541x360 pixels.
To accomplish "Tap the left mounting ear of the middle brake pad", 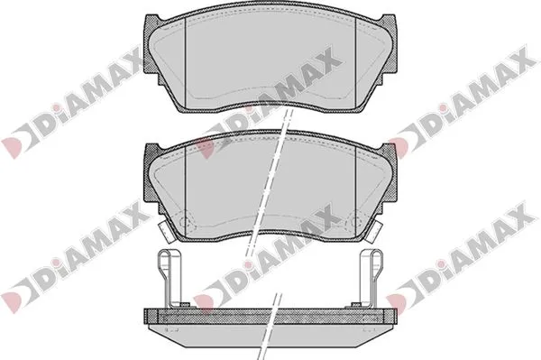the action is [x=151, y=176].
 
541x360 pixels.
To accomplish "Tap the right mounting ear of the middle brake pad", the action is [x=390, y=176].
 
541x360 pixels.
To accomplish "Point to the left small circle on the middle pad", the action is [x=186, y=223].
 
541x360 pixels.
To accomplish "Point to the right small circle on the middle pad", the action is [x=354, y=223].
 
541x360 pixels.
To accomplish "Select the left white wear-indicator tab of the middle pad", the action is [x=165, y=231].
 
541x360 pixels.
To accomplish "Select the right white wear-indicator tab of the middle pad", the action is [x=375, y=231].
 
